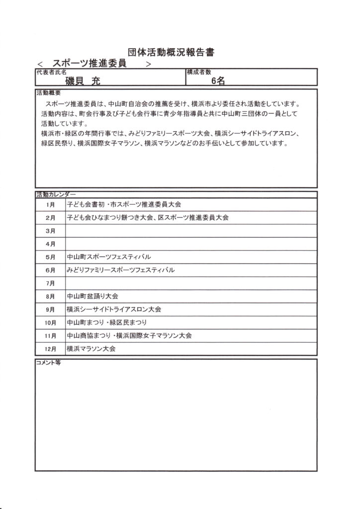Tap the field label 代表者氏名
click(x=51, y=73)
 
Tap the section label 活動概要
click(x=48, y=93)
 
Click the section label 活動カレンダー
click(x=56, y=194)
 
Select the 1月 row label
click(x=50, y=205)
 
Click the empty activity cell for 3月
click(x=191, y=231)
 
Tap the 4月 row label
click(x=50, y=244)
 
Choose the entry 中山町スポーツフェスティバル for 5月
click(x=108, y=257)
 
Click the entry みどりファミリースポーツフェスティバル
click(x=120, y=270)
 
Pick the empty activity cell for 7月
click(x=191, y=283)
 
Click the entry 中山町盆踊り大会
click(x=92, y=296)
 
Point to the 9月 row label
click(x=50, y=310)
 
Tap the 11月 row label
click(x=50, y=336)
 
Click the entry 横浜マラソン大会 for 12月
click(x=91, y=349)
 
